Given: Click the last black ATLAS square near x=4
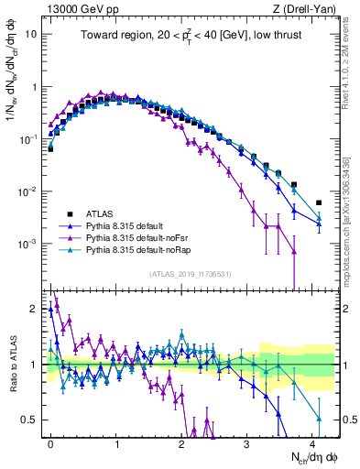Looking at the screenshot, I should point(319,202).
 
